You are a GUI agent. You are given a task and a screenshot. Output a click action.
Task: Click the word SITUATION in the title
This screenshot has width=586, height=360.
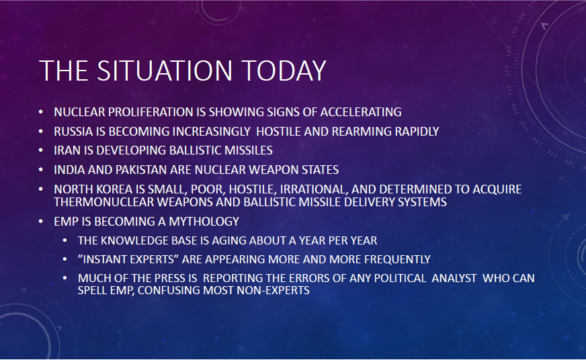(x=165, y=71)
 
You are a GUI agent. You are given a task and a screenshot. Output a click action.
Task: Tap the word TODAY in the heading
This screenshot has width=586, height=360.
(x=284, y=71)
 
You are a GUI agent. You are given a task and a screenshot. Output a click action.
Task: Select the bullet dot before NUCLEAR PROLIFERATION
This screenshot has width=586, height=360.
(x=41, y=111)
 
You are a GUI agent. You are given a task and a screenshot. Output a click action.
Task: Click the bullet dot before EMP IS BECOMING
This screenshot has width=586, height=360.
(x=41, y=222)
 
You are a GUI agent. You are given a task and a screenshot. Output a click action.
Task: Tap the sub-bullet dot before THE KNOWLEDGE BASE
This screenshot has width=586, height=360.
(x=65, y=240)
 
